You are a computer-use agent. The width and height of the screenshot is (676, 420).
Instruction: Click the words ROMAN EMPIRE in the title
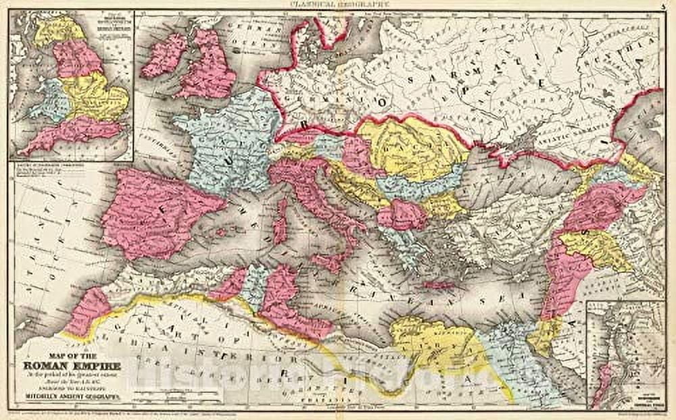[68, 367]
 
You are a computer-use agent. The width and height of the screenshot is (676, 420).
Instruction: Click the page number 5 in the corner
[665, 4]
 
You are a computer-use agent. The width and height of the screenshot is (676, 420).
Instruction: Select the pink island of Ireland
[164, 55]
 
